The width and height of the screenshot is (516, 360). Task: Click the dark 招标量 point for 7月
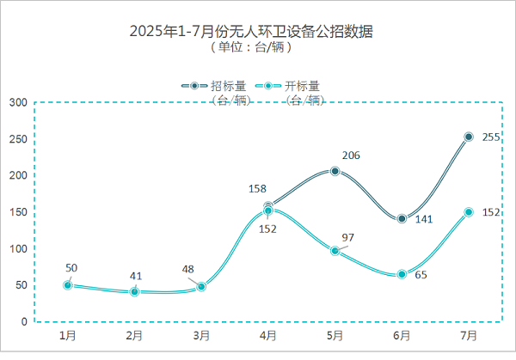469,137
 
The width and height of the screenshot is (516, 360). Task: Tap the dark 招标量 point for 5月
335,171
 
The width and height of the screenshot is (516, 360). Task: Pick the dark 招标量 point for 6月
402,218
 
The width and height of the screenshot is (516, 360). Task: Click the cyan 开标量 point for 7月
469,211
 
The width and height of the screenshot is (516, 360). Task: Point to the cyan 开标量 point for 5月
335,251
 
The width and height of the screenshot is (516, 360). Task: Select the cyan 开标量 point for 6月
402,274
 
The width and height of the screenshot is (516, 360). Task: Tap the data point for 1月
68,285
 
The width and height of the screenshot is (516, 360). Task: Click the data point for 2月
134,292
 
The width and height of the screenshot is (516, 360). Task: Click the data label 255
491,137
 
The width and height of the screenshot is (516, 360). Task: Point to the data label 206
351,156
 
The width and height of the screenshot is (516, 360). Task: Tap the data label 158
257,188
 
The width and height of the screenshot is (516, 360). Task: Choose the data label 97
348,237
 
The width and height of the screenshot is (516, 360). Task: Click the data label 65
421,276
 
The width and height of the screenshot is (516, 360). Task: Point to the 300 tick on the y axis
18,103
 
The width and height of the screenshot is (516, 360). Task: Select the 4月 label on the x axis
268,334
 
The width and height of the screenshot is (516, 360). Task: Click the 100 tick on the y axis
18,248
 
